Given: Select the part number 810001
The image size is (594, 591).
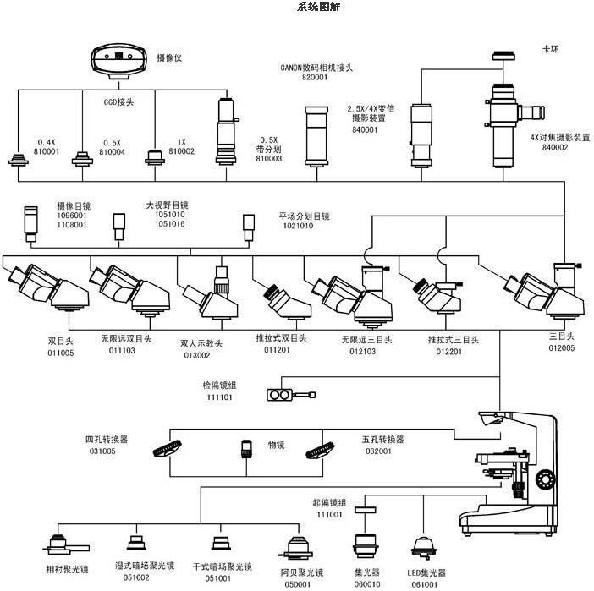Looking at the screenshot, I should coord(46,153).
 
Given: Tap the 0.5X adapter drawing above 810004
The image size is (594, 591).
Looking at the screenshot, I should coord(82,158).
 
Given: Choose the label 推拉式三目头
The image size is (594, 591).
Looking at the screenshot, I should coord(454,339).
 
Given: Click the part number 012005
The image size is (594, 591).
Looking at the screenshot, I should coord(562,347).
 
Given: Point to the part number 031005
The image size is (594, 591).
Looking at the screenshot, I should coord(101,451).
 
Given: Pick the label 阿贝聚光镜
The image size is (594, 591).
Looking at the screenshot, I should coord(298,572).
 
